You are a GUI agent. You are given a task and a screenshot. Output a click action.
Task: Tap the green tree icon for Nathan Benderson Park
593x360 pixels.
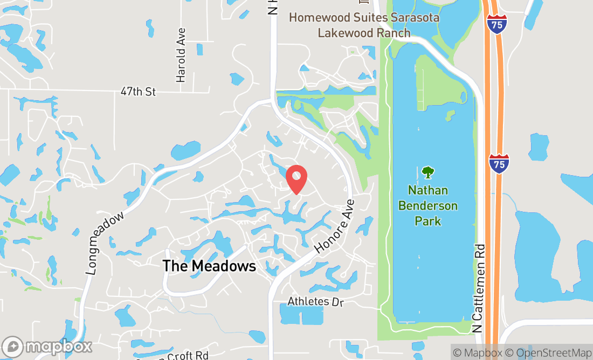pyautogui.click(x=428, y=172)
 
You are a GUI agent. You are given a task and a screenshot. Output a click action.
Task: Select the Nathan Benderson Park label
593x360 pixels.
pyautogui.click(x=428, y=206)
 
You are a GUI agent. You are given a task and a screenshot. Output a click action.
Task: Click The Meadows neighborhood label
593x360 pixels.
pyautogui.click(x=209, y=266)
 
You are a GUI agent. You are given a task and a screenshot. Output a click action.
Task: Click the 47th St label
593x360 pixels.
pyautogui.click(x=138, y=92)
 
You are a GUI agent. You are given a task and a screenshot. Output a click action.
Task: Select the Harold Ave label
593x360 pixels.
pyautogui.click(x=181, y=55)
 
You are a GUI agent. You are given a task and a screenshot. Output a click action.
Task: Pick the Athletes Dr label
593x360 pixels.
pyautogui.click(x=315, y=301)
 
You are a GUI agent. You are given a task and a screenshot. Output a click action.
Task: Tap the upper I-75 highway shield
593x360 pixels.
pyautogui.click(x=496, y=24)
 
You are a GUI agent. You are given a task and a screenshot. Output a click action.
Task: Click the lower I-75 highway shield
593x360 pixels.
pyautogui.click(x=499, y=163)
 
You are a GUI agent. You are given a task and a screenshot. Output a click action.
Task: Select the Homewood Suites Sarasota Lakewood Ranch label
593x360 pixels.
pyautogui.click(x=364, y=25)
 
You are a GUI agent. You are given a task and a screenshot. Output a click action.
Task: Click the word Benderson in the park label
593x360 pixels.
pyautogui.click(x=428, y=206)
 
